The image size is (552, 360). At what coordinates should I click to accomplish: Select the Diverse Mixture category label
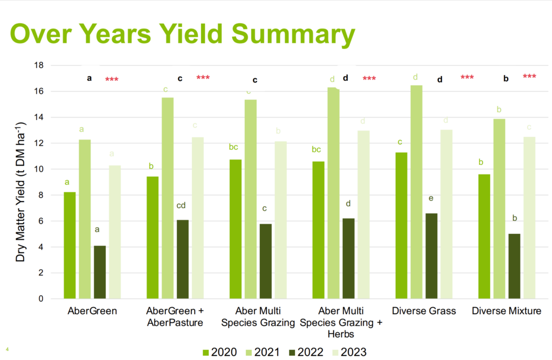(506, 311)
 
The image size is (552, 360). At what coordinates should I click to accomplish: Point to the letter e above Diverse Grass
(431, 198)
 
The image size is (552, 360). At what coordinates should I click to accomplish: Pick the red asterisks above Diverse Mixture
(529, 77)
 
